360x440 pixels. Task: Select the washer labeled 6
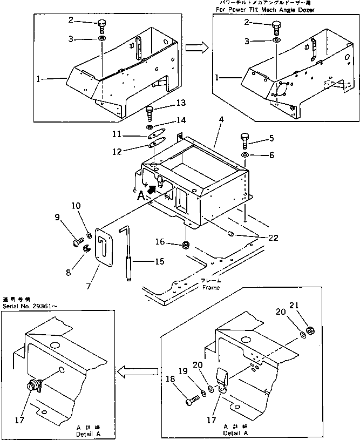245,155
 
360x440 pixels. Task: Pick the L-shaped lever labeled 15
128,254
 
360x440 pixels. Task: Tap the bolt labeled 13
150,113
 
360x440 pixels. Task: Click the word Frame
211,288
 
